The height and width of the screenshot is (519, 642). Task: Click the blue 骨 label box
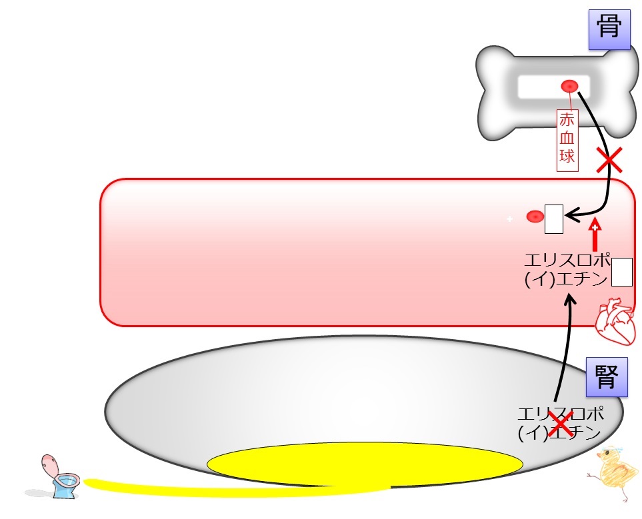(609, 29)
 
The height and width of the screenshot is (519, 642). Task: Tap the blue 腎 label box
(607, 377)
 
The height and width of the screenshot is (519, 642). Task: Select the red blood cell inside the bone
(569, 87)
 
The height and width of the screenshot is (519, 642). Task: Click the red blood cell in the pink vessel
(535, 217)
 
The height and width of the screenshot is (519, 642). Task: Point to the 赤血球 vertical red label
(567, 140)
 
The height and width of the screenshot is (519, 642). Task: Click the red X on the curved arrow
(609, 160)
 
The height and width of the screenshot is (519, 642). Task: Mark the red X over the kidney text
(561, 423)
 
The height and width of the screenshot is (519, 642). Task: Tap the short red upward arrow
(595, 237)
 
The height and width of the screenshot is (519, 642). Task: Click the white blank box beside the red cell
(553, 219)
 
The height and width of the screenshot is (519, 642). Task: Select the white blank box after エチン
(621, 272)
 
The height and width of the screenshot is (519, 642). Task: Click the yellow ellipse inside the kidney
(365, 464)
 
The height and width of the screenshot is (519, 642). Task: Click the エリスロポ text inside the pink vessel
(567, 260)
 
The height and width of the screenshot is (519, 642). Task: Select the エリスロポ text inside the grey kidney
(561, 414)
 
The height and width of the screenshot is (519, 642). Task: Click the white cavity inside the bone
(553, 87)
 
